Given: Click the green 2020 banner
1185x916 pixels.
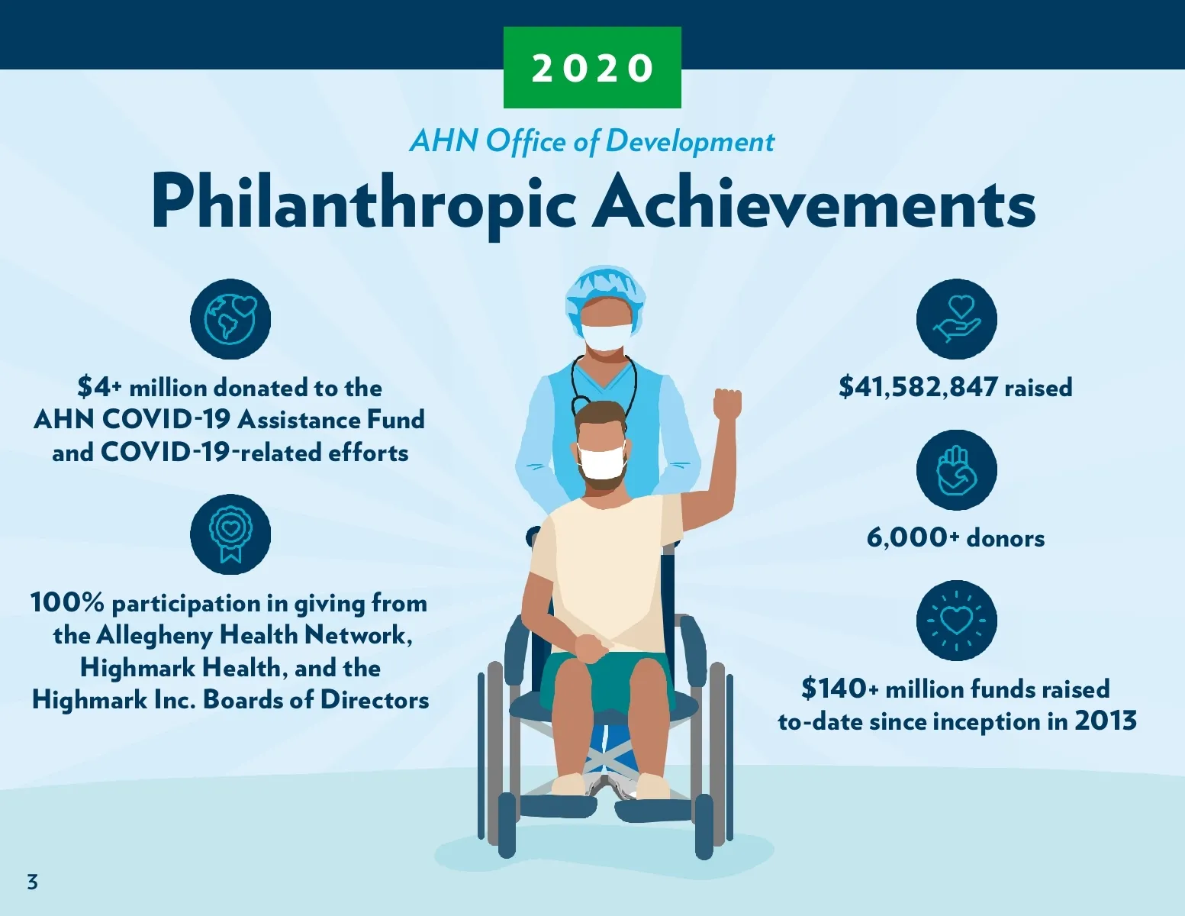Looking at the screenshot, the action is point(592,67).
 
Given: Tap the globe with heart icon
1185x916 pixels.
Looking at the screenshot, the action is point(230,319).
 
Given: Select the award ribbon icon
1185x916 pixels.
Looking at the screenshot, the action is point(230,534).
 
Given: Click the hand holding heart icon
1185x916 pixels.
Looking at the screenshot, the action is point(957,319).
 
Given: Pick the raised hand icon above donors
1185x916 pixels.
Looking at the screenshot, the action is point(957,469).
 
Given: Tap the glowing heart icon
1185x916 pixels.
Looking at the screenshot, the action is point(957,621).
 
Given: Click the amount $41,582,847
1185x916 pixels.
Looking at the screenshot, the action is point(919,387).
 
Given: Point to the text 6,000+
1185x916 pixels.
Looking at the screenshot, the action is point(913,538).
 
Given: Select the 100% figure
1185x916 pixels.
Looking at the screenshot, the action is point(67,602).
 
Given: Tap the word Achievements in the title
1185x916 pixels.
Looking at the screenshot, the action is point(814,201).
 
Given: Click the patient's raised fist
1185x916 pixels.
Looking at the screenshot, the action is point(727,404).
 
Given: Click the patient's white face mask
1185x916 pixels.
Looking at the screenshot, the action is point(602,461).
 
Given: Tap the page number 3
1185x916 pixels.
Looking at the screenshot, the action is point(33,882).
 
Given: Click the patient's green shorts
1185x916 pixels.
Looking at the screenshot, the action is point(605,684).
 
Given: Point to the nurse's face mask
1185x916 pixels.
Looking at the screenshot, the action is point(607,337).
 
